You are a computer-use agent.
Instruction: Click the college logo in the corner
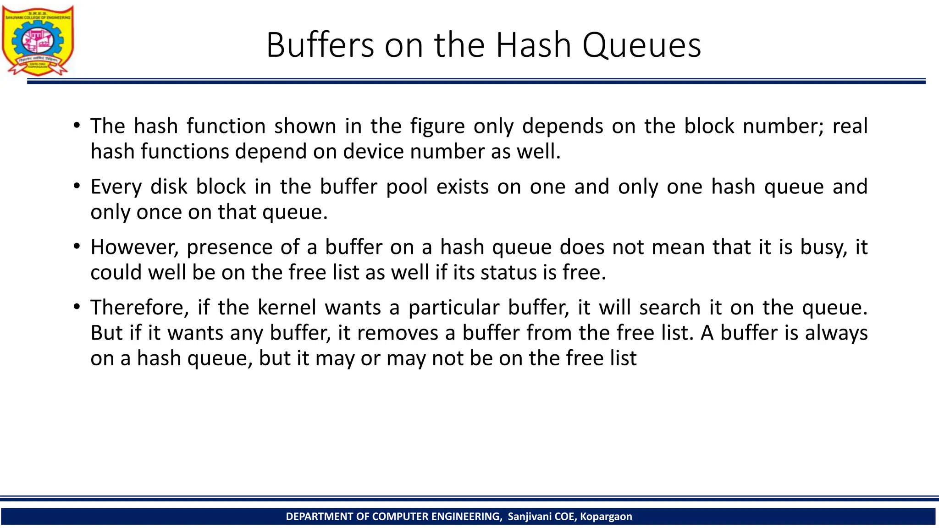click(x=38, y=40)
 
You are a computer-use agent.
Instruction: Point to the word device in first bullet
click(x=372, y=151)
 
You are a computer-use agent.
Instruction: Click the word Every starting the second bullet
click(x=116, y=187)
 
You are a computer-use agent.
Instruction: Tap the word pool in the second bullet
click(x=407, y=187)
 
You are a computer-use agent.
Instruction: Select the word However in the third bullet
click(x=134, y=247)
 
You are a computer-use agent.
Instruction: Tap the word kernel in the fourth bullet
click(x=287, y=307)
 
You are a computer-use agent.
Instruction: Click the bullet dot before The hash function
click(x=77, y=125)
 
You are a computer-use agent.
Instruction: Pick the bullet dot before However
click(x=77, y=246)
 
